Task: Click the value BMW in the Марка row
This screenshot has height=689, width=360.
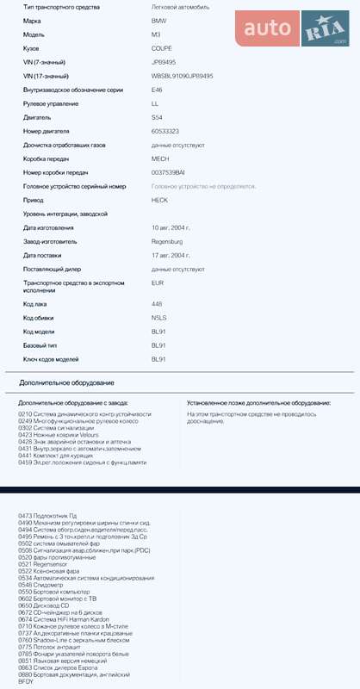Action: point(159,20)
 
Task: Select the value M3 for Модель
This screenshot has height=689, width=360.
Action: point(156,34)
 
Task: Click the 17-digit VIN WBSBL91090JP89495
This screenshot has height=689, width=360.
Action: point(182,76)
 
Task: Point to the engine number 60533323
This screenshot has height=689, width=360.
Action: point(164,131)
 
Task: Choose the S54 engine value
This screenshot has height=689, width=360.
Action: point(157,117)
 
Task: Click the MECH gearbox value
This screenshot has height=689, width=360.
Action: point(160,158)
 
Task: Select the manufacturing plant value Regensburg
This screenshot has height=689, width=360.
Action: point(168,242)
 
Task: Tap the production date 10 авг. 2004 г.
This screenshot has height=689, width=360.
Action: point(171,228)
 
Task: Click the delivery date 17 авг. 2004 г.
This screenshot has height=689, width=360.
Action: point(171,256)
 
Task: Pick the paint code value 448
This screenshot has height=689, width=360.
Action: point(157,304)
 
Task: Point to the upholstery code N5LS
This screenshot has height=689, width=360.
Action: point(158,318)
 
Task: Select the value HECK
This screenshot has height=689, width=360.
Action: point(160,200)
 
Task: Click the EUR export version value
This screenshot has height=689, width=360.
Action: point(158,282)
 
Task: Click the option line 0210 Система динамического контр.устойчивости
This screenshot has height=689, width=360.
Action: point(84,414)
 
